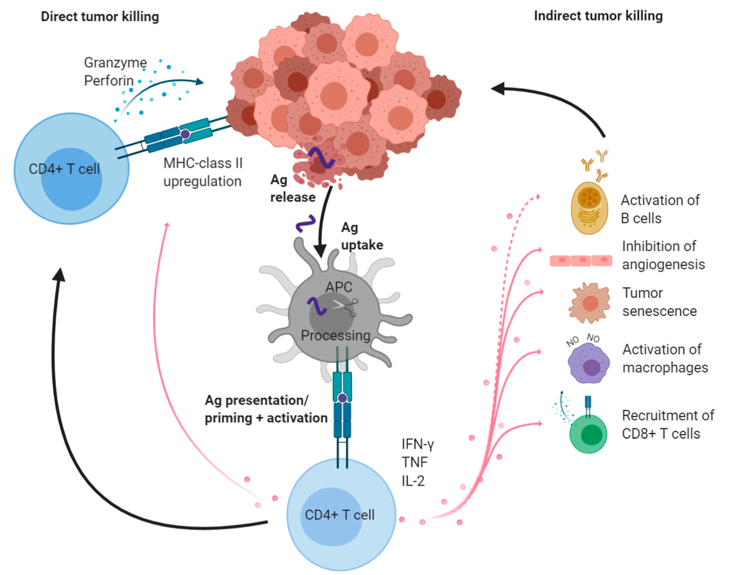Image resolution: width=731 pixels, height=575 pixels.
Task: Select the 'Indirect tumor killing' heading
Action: pyautogui.click(x=599, y=16)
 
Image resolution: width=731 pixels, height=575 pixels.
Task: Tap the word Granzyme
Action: pyautogui.click(x=115, y=63)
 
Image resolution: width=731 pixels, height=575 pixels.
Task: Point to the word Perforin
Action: pyautogui.click(x=109, y=81)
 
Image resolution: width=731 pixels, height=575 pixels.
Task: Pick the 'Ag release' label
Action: pyautogui.click(x=293, y=188)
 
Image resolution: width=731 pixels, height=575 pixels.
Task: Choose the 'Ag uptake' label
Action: pyautogui.click(x=362, y=236)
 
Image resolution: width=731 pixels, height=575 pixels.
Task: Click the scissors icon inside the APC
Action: pyautogui.click(x=346, y=307)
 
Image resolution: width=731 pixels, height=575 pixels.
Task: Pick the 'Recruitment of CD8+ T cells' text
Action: pyautogui.click(x=668, y=424)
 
